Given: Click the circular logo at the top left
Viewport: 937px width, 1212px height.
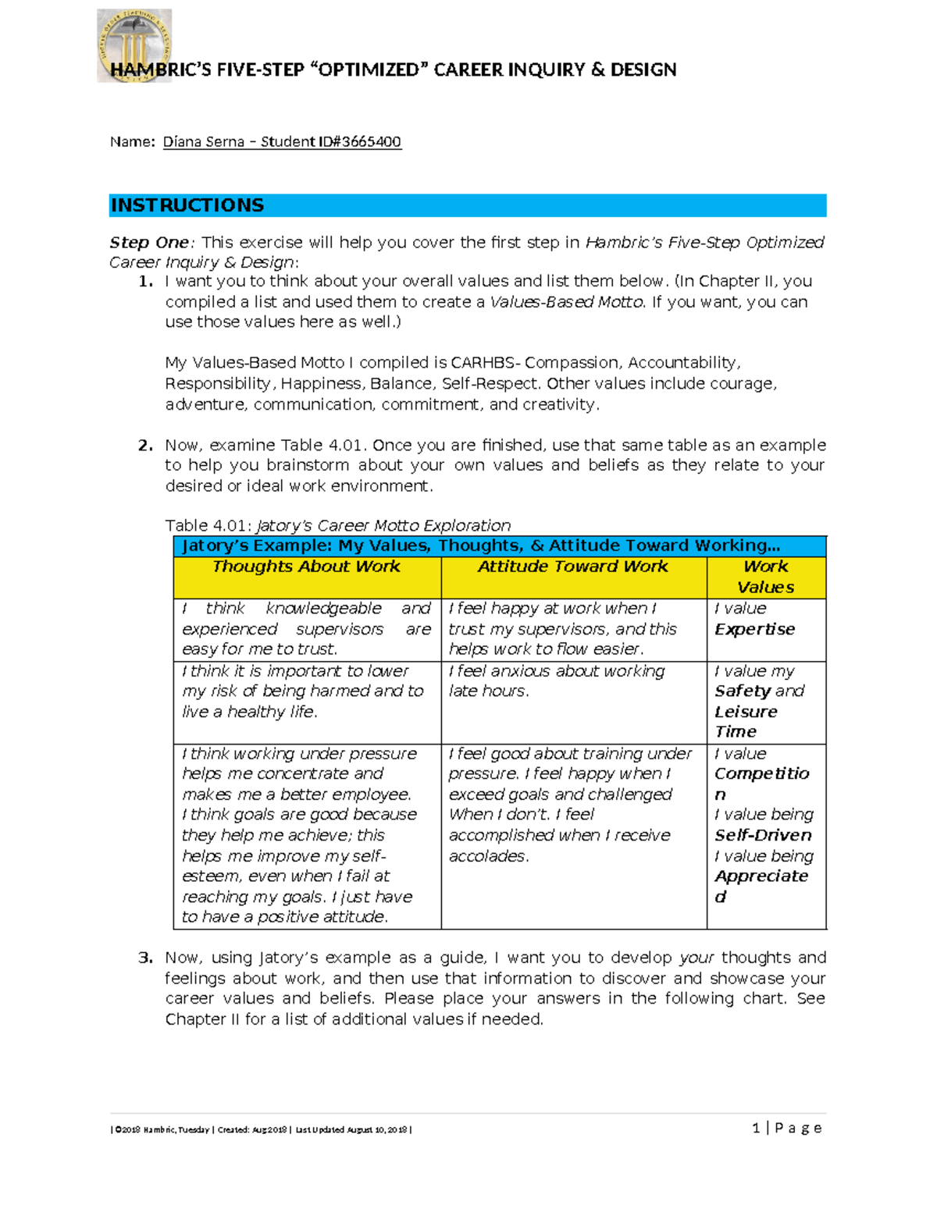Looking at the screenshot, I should tap(134, 45).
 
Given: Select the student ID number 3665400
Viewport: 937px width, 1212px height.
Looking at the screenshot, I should tap(372, 142).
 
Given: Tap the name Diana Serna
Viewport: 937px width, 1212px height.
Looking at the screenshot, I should tap(203, 142).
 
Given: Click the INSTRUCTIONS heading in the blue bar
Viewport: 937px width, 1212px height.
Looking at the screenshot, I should tap(187, 205).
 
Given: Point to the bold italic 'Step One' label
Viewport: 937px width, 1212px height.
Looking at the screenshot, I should tap(149, 243).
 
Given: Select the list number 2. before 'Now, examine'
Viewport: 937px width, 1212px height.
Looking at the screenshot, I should tap(145, 446).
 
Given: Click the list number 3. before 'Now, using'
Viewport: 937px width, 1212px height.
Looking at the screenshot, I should tap(145, 958).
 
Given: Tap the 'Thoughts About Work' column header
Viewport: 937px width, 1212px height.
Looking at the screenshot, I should tap(306, 567).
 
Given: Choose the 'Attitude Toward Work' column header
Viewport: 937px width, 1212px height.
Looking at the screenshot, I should tap(572, 567).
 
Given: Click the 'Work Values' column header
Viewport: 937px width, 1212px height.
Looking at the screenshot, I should tap(765, 577).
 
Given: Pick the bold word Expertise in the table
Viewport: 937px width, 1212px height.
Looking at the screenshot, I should tap(754, 629).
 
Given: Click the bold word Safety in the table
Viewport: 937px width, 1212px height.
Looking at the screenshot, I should tap(743, 691).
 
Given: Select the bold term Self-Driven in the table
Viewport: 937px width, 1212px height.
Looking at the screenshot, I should tap(763, 835).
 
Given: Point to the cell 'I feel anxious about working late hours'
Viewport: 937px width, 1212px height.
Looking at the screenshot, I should tap(556, 681).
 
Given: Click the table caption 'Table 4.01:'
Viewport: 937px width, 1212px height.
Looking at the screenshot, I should tap(208, 526).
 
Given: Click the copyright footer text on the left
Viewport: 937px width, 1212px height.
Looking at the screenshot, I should tap(261, 1130).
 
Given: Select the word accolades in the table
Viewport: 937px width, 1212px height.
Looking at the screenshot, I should tap(488, 856).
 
